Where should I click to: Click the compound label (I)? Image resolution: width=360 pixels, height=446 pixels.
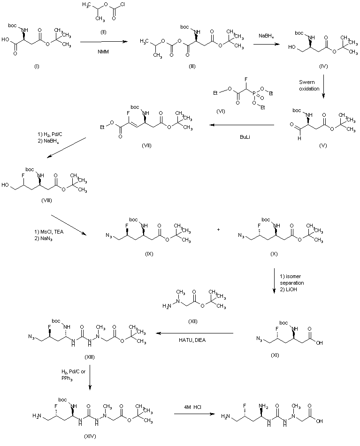pos(37,66)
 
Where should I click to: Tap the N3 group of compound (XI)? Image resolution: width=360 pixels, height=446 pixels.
pos(260,338)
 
